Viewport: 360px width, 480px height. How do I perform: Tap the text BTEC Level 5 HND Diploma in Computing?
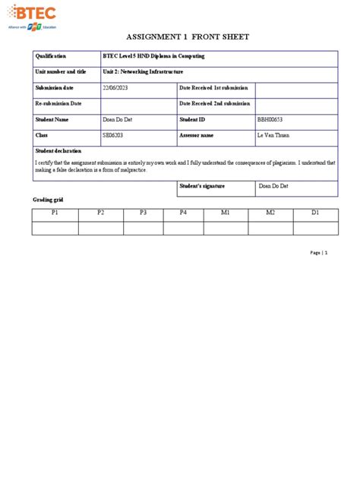point(153,56)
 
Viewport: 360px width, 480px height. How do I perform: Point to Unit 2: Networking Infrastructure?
point(143,71)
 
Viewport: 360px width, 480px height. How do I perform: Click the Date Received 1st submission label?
point(214,87)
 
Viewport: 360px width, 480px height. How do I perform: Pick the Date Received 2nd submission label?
point(215,103)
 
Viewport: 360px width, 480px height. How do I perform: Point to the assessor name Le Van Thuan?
point(274,135)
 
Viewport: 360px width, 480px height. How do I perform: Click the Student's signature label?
point(206,185)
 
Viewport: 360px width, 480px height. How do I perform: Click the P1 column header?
point(55,213)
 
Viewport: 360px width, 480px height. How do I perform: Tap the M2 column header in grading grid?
point(270,213)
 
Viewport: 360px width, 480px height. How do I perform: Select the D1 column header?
point(314,213)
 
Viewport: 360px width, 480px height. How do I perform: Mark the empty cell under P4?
point(183,227)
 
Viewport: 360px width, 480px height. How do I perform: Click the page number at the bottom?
point(318,253)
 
